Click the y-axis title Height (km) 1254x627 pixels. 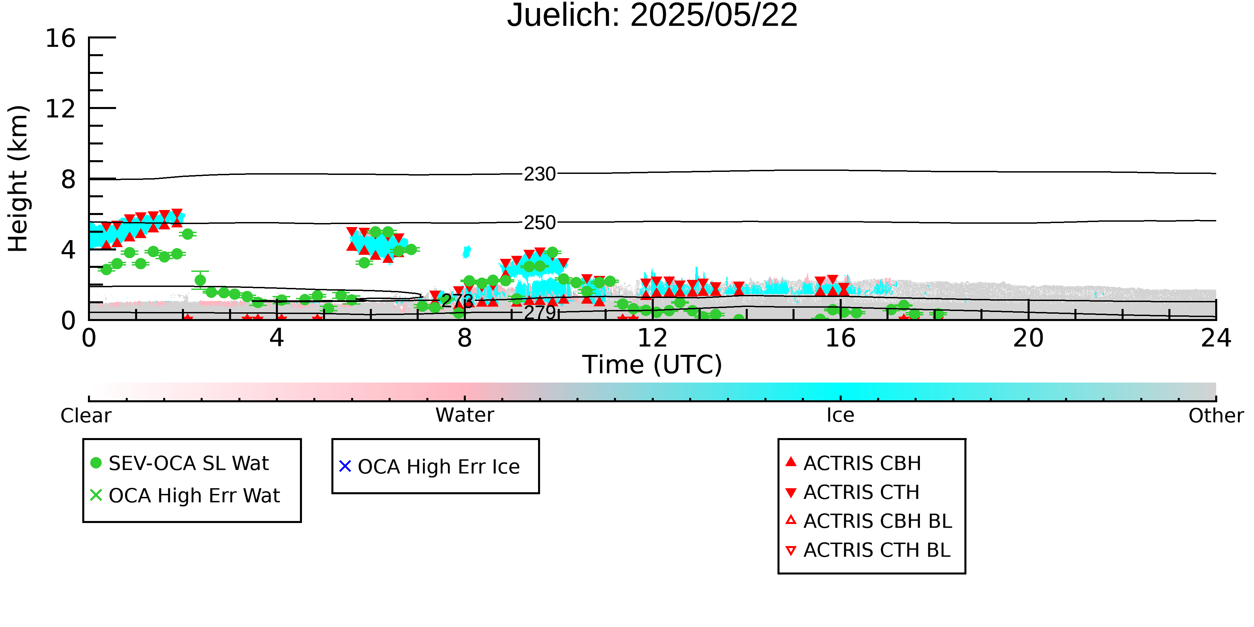[x=18, y=179]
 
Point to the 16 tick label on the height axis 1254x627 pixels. [x=61, y=38]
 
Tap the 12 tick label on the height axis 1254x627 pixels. [x=61, y=109]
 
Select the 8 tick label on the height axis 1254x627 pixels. [x=68, y=180]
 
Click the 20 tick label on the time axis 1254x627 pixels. [x=1028, y=338]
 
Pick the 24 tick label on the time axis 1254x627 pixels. [x=1216, y=338]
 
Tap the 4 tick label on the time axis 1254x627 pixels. [x=277, y=338]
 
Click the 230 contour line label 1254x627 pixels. [x=540, y=174]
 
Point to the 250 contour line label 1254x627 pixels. [x=540, y=222]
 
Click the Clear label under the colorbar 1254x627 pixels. [x=86, y=416]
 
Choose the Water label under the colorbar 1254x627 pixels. [x=465, y=415]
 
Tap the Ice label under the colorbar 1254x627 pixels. [x=840, y=415]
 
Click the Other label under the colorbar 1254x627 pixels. [x=1216, y=416]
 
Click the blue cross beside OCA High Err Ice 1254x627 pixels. [x=345, y=466]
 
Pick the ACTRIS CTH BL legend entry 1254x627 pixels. [x=868, y=550]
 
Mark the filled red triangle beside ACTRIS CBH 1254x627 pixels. [x=791, y=461]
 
